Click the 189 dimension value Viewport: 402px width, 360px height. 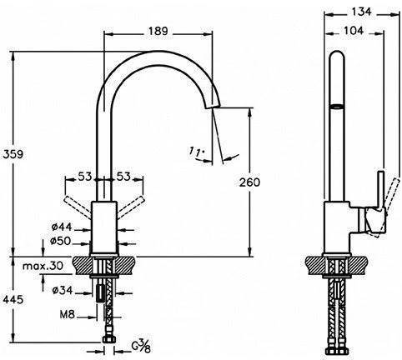click(x=158, y=31)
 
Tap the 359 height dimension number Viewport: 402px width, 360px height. click(x=13, y=154)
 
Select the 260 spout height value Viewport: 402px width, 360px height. click(x=249, y=182)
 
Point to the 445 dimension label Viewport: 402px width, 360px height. click(x=13, y=299)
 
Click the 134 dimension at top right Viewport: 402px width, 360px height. click(x=361, y=12)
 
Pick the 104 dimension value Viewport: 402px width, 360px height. click(x=354, y=30)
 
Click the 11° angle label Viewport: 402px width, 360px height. click(x=196, y=152)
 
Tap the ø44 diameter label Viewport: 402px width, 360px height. click(x=62, y=227)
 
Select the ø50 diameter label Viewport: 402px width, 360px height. click(x=61, y=241)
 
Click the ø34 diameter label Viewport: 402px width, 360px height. click(x=63, y=291)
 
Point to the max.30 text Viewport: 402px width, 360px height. click(x=43, y=266)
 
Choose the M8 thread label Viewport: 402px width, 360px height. click(x=68, y=315)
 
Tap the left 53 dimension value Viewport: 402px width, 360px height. click(x=84, y=176)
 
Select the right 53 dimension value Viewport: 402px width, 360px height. click(x=123, y=176)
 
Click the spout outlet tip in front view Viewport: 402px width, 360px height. click(x=213, y=104)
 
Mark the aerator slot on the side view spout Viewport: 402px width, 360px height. click(x=336, y=107)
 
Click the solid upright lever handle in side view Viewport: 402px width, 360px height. click(x=380, y=190)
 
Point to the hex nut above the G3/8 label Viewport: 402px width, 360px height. click(x=109, y=339)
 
